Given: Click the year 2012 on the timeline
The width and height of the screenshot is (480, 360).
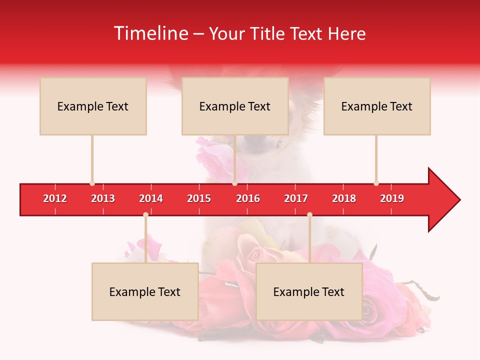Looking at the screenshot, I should (55, 198).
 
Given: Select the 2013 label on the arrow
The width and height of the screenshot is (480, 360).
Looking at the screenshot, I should (103, 198).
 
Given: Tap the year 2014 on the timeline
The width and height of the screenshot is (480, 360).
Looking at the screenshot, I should (151, 198).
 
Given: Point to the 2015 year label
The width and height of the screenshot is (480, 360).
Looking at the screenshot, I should (199, 198).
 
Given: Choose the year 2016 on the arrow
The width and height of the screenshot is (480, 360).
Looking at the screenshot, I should (248, 198).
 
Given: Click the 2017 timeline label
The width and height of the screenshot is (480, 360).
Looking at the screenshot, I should (296, 198).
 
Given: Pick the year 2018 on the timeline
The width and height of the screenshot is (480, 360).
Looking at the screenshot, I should (344, 198).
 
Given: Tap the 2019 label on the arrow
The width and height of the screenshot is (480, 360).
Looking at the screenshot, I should (392, 198).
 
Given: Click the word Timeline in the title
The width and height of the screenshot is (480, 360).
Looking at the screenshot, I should (150, 33).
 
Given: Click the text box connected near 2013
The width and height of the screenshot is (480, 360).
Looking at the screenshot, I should (93, 106).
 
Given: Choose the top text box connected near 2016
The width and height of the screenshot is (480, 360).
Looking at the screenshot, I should (235, 106).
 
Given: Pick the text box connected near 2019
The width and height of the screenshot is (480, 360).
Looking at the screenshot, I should (377, 106).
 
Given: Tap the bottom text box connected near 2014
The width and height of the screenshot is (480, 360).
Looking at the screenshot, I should (145, 291).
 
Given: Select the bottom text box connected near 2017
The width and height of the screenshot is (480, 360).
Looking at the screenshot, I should (309, 291).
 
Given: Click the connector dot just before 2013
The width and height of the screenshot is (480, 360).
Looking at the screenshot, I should (92, 183).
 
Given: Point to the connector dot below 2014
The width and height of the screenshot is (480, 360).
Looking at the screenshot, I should (145, 215).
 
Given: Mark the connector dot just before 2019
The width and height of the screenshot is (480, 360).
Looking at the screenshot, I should (376, 183).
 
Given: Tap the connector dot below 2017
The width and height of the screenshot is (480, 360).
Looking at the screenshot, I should (309, 215).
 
